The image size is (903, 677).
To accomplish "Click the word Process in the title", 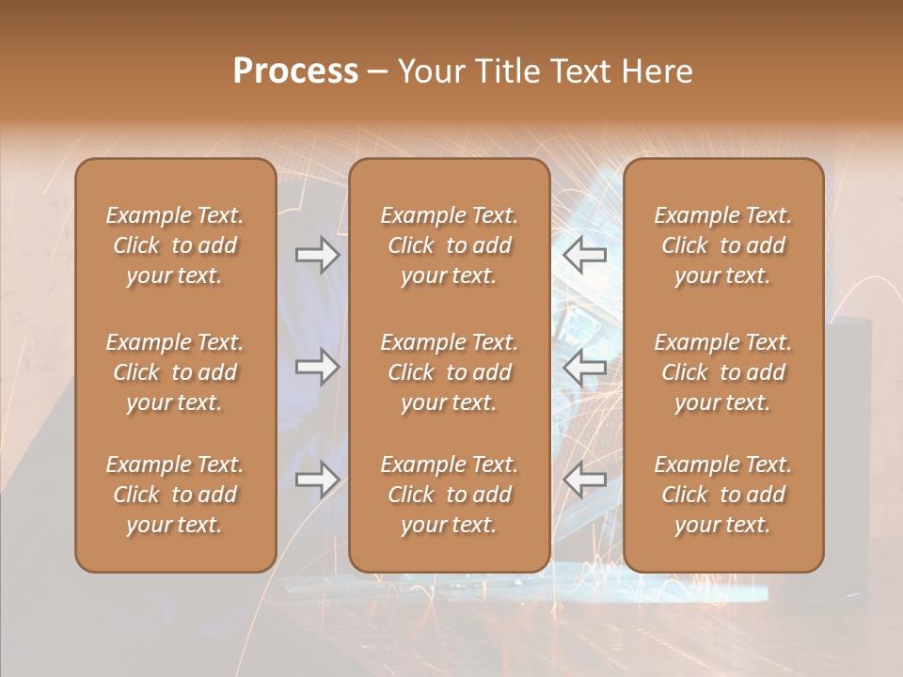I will (295, 71).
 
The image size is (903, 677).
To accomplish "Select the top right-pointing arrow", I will (317, 254).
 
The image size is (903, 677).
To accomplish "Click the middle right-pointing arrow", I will (317, 367).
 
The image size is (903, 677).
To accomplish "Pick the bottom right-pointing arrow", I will (317, 480).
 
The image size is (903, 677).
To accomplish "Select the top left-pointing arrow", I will (585, 254).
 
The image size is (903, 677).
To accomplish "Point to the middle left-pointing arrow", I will (585, 367).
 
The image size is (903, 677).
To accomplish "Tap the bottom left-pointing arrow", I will (585, 480).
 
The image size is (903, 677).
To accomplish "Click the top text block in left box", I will (175, 245).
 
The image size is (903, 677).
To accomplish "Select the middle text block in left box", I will (175, 372).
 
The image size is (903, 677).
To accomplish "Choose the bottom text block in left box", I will (175, 495).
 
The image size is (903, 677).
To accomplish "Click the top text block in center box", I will (449, 245).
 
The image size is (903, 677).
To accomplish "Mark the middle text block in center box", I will (449, 372).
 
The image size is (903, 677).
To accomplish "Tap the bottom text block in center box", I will (449, 495).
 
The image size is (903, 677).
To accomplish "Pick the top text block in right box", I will (722, 245).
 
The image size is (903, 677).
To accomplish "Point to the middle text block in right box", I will (722, 372).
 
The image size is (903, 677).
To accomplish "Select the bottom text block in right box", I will (722, 495).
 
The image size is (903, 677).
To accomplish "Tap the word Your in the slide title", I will (433, 71).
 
